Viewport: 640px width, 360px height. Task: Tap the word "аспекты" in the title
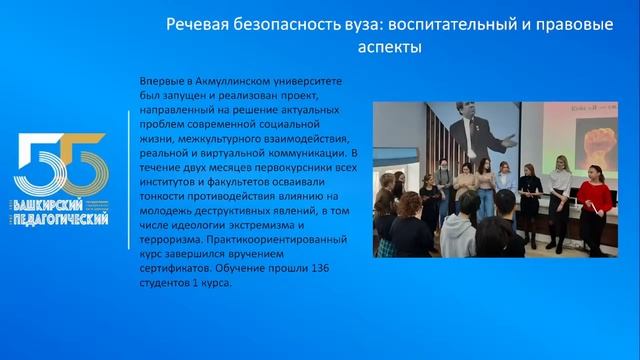pos(379,48)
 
